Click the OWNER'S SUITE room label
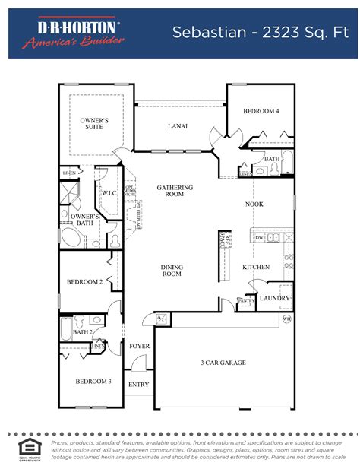point(95,124)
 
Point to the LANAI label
point(177,126)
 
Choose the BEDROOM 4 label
point(261,111)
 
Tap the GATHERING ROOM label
point(175,191)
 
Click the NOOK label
point(254,204)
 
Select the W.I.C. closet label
point(108,194)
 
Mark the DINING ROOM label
point(172,270)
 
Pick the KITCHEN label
point(256,268)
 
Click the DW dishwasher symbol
point(259,238)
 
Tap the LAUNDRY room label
point(274,298)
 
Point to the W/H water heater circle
point(286,319)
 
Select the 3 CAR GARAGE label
point(223,363)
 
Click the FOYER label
point(139,346)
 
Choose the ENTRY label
point(138,384)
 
